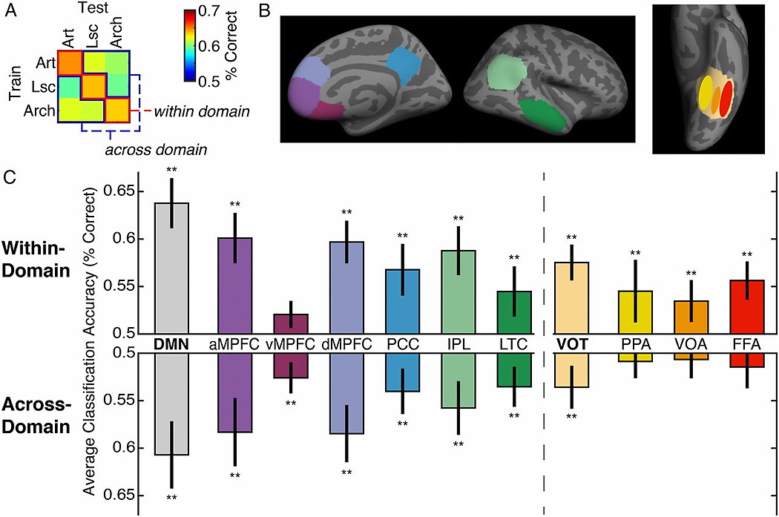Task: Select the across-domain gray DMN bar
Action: pyautogui.click(x=171, y=404)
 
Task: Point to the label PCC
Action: pyautogui.click(x=401, y=345)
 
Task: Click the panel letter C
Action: pyautogui.click(x=8, y=178)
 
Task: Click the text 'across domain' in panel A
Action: pyautogui.click(x=155, y=149)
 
